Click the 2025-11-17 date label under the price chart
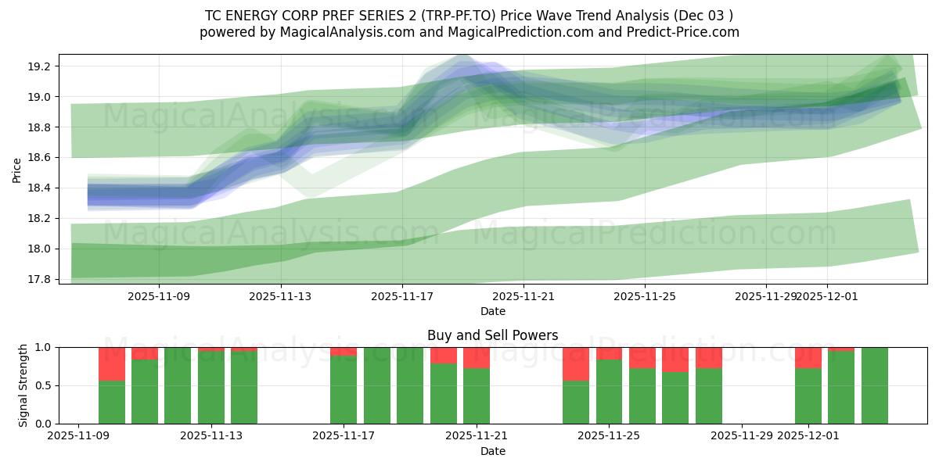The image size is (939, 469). point(402,297)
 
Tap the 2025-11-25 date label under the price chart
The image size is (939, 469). point(645,297)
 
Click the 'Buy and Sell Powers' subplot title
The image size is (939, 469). point(492,335)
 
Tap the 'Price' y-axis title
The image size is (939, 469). point(17,169)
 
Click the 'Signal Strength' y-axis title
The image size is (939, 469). point(23,385)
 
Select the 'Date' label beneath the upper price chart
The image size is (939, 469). point(492,311)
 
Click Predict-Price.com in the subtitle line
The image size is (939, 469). point(678,32)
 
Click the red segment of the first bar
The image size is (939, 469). point(112,364)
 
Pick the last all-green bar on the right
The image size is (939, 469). point(874,385)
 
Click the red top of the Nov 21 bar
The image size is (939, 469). point(477,358)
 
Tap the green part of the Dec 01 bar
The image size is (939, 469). point(808,396)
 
